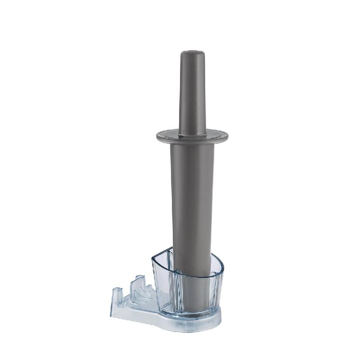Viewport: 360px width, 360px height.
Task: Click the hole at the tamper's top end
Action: pos(193,53)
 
